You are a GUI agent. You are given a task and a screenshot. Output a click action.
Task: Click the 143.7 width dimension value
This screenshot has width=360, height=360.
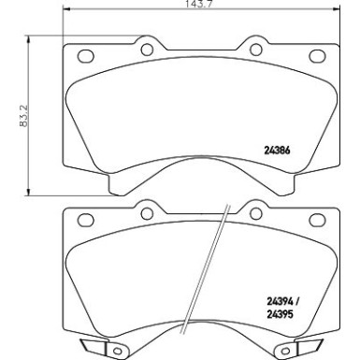tap(181, 6)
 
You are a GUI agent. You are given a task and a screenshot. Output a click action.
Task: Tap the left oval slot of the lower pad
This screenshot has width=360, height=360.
tap(84, 221)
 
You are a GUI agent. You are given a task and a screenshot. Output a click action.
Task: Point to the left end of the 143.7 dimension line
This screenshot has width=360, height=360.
tap(63, 13)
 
